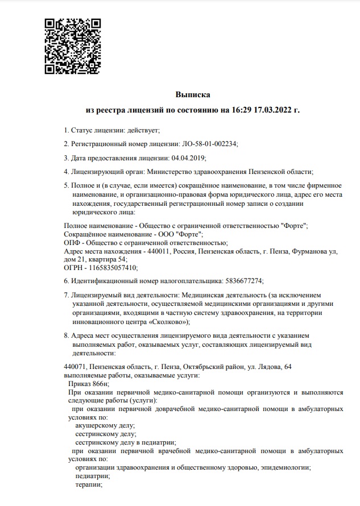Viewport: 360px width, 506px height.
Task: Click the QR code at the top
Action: [72, 46]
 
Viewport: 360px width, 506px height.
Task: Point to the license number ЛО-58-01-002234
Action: [209, 144]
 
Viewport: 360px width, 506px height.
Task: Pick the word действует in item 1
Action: [142, 130]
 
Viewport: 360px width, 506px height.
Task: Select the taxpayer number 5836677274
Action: [243, 281]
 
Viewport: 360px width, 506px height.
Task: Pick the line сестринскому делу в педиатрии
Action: [125, 442]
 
